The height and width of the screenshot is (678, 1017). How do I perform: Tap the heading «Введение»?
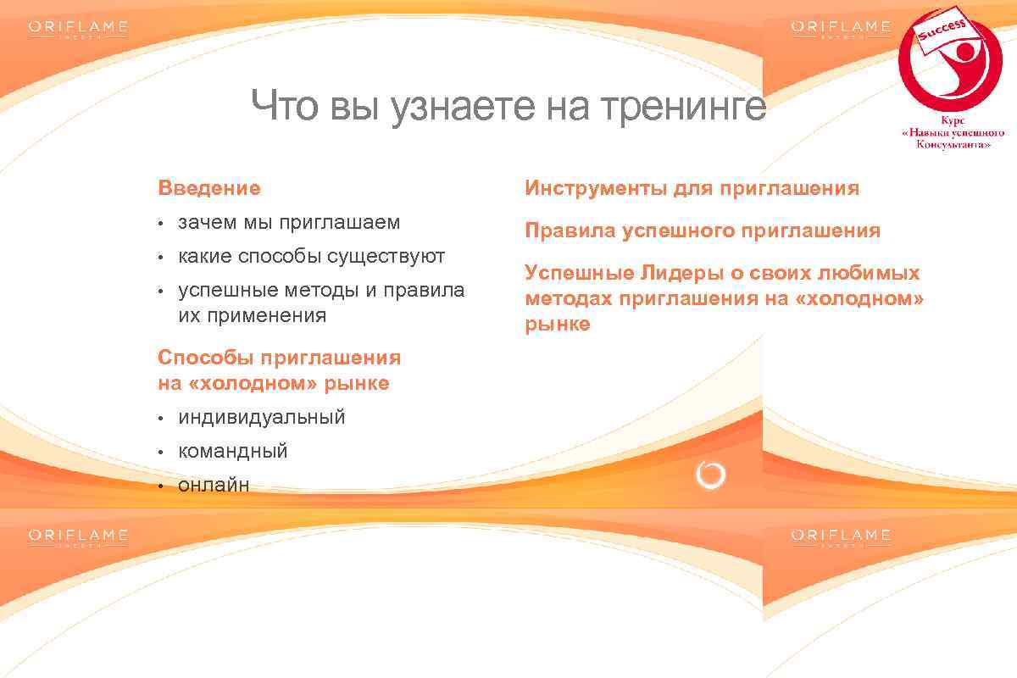209,188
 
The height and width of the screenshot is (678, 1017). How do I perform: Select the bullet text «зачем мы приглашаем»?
289,223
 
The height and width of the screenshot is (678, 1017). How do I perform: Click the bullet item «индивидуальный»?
261,418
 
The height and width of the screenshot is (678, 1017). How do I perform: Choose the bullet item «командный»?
233,452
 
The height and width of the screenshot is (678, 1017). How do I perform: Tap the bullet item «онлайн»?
214,486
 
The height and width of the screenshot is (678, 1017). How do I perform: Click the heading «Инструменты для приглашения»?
692,188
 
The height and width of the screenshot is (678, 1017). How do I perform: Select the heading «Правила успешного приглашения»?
703,231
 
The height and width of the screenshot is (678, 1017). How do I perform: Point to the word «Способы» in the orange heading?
201,358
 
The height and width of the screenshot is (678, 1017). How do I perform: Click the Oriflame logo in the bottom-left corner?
78,537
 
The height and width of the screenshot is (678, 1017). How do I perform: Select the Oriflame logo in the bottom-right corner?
841,537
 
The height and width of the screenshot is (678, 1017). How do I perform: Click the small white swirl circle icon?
710,475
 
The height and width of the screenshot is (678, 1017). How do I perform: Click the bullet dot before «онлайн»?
159,486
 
